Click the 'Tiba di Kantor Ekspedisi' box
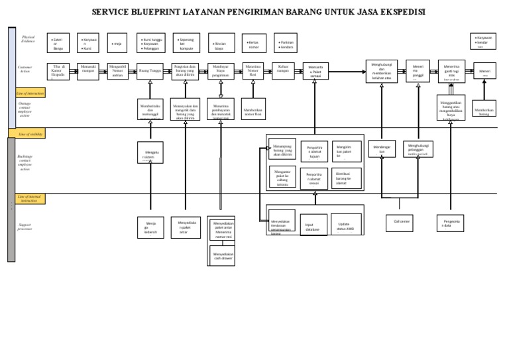pyautogui.click(x=58, y=71)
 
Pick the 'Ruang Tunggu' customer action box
pyautogui.click(x=150, y=71)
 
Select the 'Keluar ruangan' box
pyautogui.click(x=283, y=71)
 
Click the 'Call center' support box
pyautogui.click(x=400, y=223)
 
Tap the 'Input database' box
pyautogui.click(x=313, y=225)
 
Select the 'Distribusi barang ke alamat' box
pyautogui.click(x=346, y=178)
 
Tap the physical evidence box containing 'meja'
pyautogui.click(x=117, y=44)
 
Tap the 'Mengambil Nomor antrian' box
pyautogui.click(x=118, y=71)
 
